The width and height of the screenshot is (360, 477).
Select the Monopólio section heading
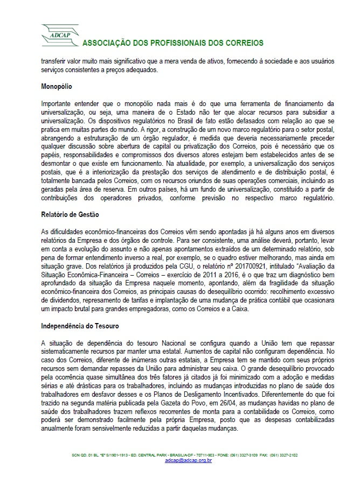pos(59,86)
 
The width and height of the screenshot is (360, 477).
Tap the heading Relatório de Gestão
pos(71,214)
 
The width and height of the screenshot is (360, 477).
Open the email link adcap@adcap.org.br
pos(188,460)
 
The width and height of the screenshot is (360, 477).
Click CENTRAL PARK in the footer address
pos(163,455)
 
